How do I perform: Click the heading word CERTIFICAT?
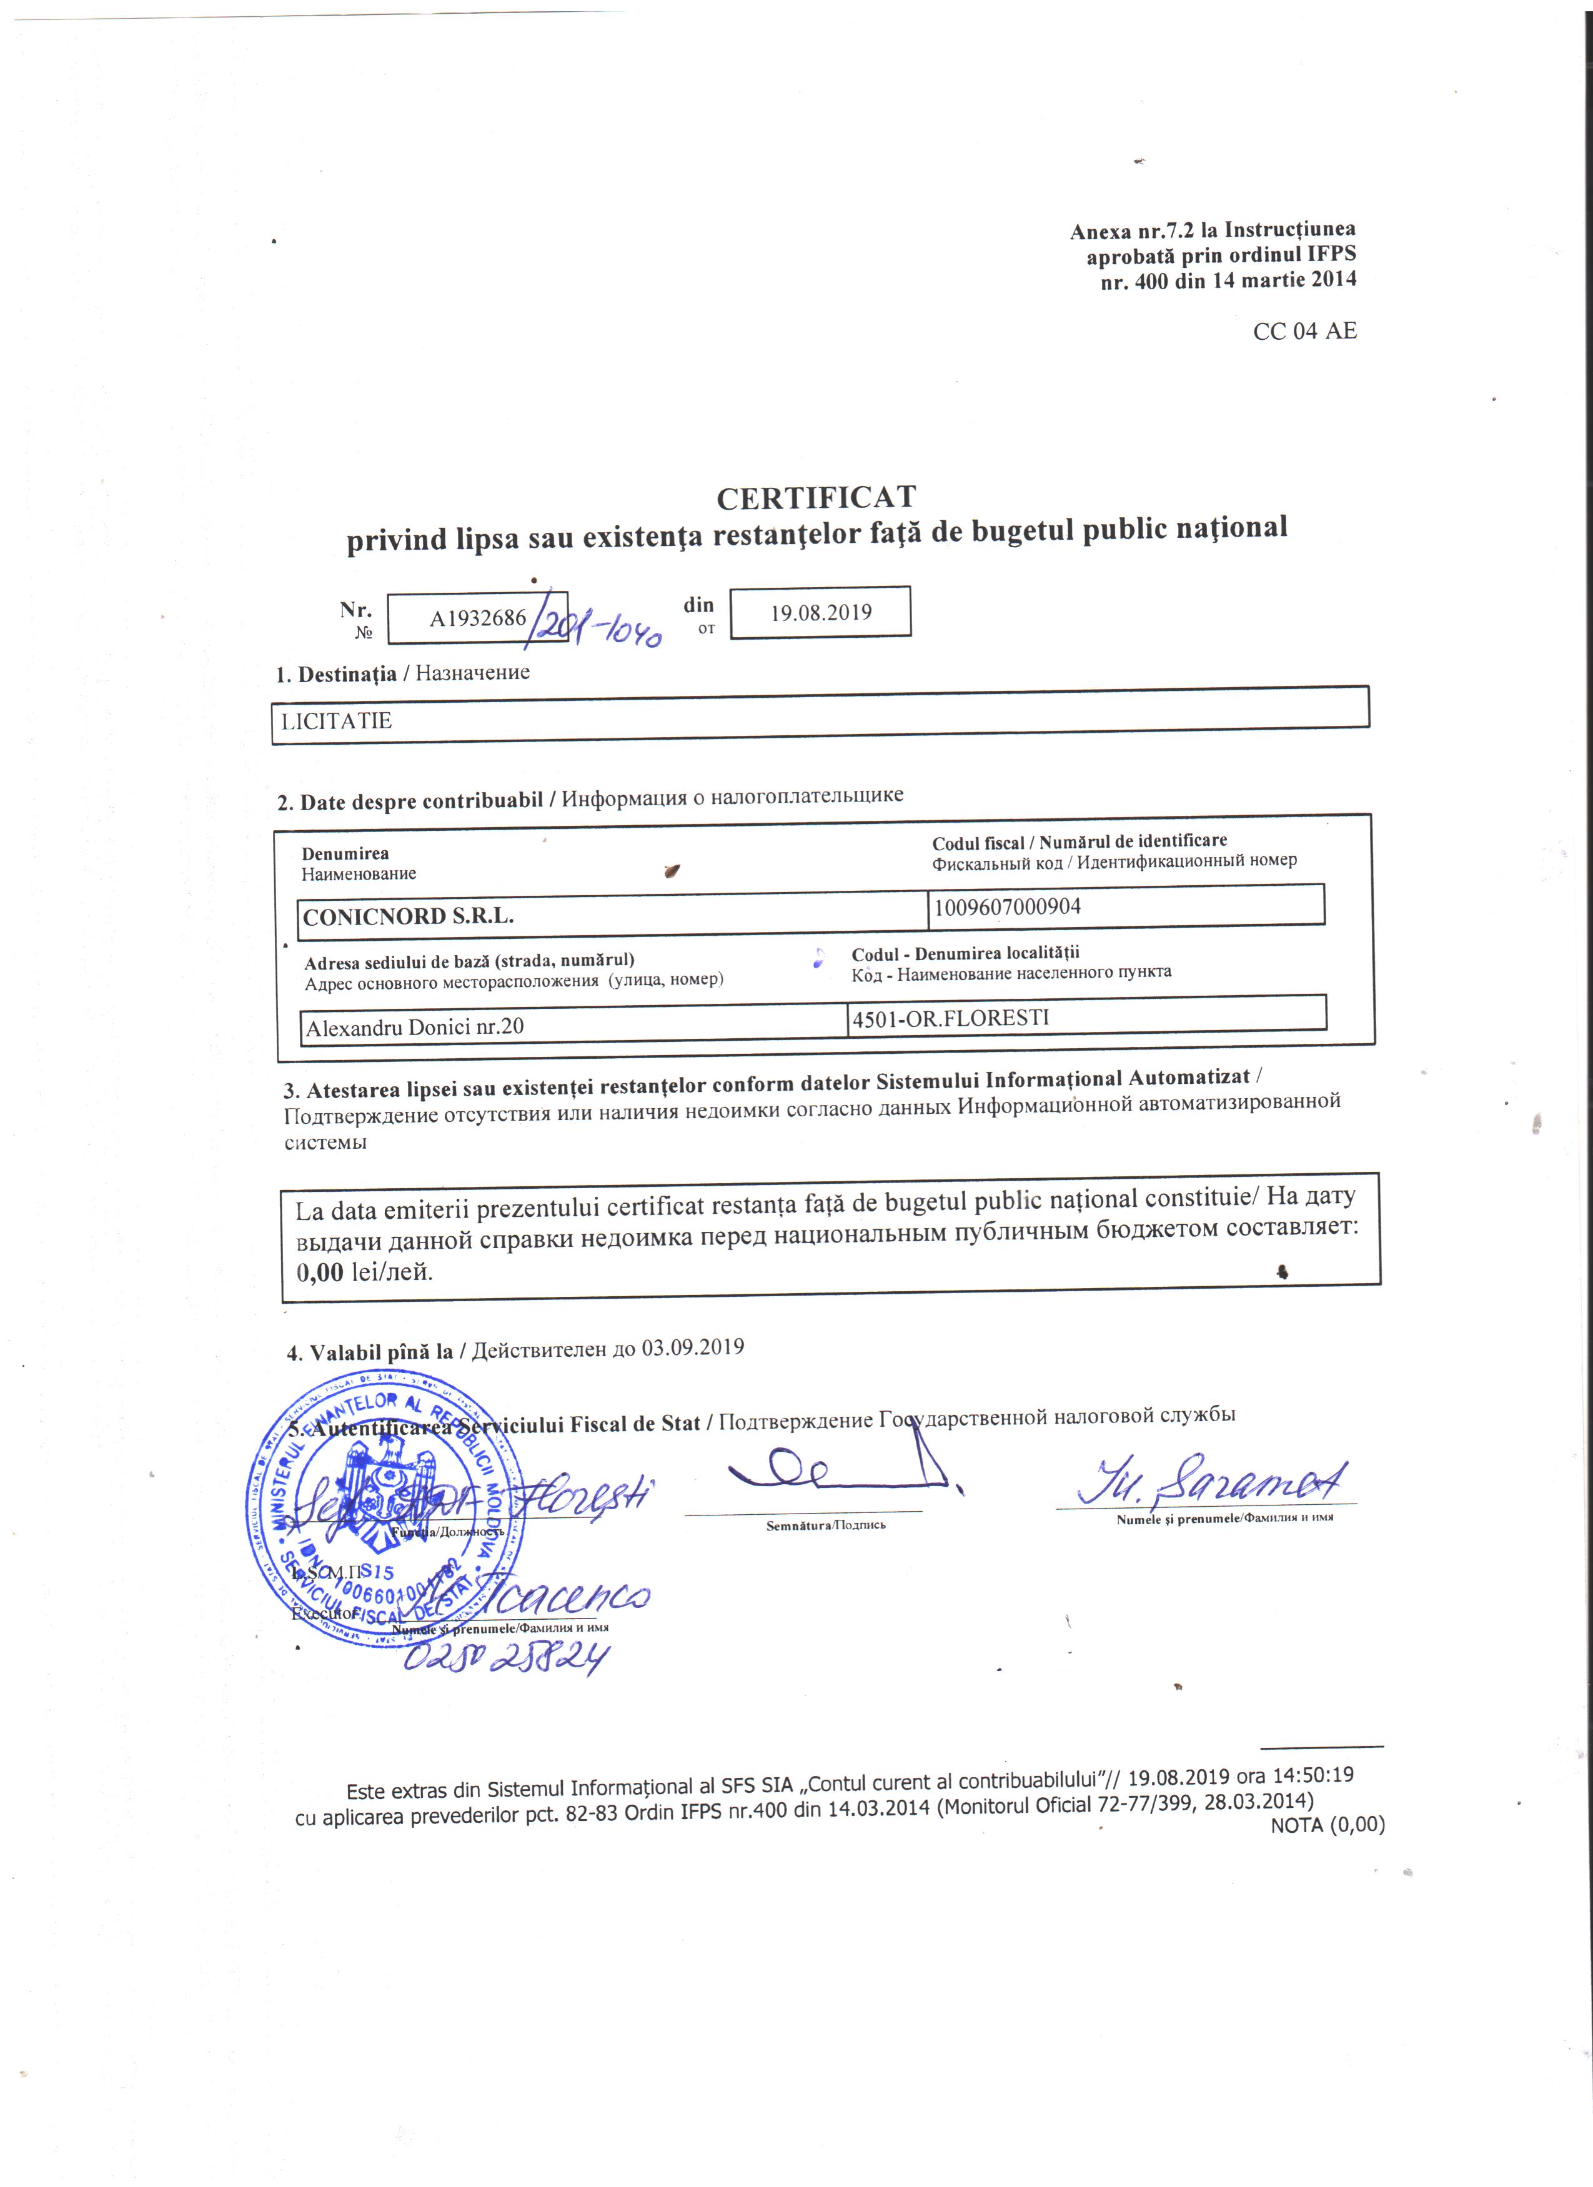tap(816, 498)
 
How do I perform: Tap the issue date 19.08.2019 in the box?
tap(821, 612)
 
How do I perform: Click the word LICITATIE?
tap(337, 722)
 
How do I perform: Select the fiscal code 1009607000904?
tap(1008, 906)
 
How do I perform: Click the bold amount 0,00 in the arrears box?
tap(320, 1272)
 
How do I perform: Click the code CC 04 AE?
tap(1304, 330)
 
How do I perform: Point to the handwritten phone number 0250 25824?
tap(506, 1658)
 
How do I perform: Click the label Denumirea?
tap(345, 853)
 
